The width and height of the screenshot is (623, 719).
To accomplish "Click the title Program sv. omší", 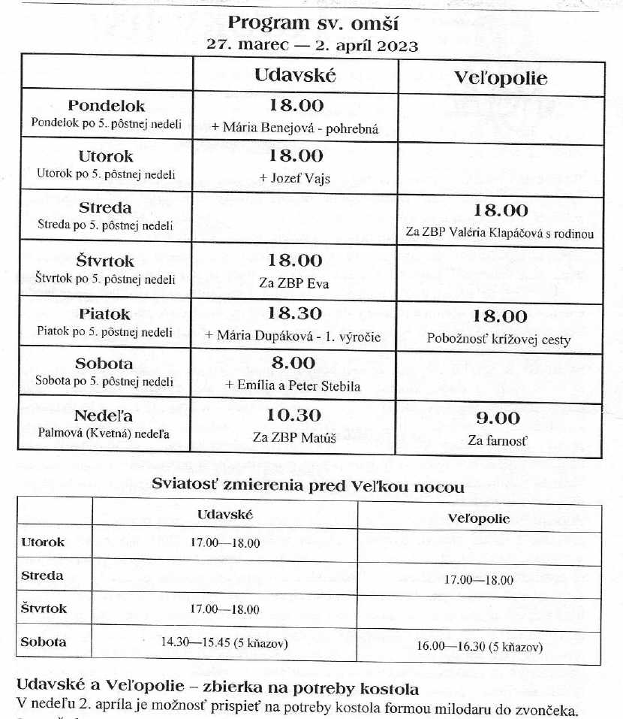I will [x=311, y=23].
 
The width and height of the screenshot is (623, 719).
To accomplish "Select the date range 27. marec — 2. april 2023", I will [x=311, y=45].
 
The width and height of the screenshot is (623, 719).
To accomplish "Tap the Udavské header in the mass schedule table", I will [x=294, y=76].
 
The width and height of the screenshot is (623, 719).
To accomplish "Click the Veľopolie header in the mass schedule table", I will [x=501, y=78].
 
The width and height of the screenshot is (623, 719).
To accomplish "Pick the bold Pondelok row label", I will [x=107, y=106].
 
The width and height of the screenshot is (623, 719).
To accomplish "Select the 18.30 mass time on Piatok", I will [x=294, y=314].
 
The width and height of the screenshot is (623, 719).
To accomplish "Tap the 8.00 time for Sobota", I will [x=293, y=363].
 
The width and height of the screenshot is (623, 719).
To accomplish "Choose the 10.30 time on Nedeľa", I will [x=294, y=415].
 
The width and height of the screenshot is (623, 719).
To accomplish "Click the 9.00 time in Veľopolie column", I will [x=498, y=418].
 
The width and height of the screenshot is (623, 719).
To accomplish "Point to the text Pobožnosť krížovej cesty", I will [x=498, y=340].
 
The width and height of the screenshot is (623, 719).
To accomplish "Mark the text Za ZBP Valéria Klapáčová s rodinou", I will [x=500, y=233].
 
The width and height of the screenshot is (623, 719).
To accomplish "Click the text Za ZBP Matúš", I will [x=294, y=439].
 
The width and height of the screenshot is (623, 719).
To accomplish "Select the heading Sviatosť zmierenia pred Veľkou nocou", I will [x=308, y=486].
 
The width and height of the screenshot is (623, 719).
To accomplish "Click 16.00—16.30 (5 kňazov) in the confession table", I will [x=480, y=646].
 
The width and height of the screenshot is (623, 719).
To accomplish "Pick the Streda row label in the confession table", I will [x=43, y=576].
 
